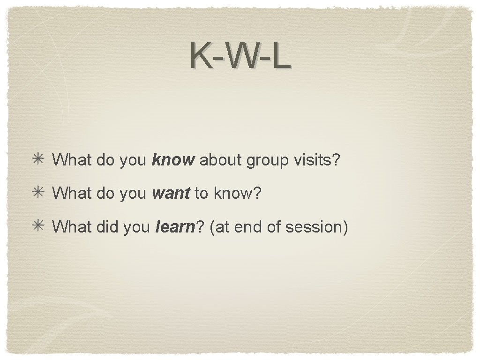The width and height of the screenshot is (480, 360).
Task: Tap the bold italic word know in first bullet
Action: pos(173,160)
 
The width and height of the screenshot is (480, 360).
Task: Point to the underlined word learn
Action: pos(174,227)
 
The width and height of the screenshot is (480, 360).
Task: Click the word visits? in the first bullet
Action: pos(316,160)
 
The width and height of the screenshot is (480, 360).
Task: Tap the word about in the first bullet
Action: pos(221,160)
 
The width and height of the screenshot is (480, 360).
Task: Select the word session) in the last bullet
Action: pos(316,227)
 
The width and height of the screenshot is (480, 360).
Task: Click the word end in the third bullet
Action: pos(247,227)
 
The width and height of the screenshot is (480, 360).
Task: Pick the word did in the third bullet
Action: pos(107,227)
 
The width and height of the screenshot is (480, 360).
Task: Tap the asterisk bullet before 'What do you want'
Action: pos(38,193)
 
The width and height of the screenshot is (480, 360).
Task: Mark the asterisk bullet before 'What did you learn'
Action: pos(38,226)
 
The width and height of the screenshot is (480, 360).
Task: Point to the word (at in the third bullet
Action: pos(219,227)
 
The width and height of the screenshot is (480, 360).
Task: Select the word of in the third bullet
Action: pos(273,227)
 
